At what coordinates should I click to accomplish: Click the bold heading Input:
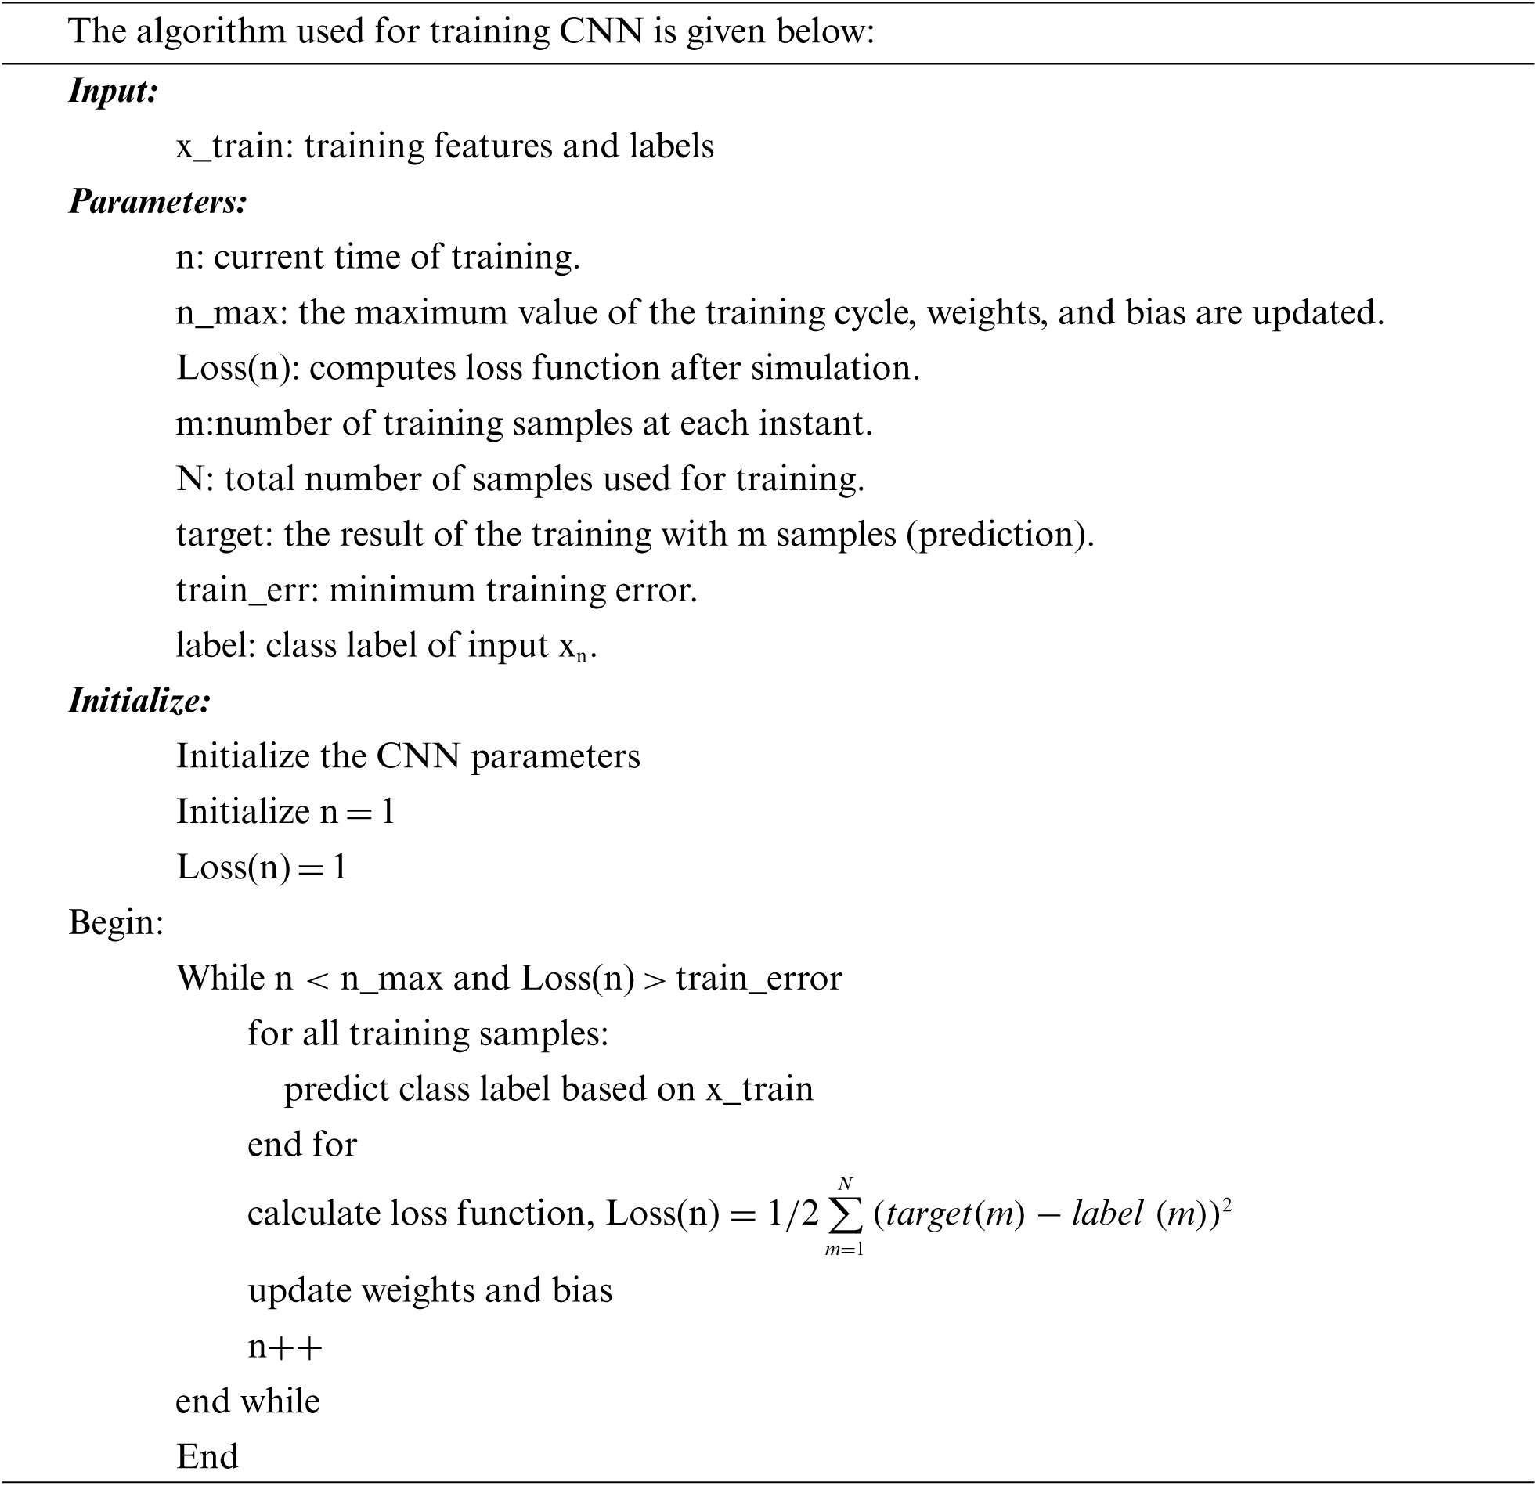point(114,91)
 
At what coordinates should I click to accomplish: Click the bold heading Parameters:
point(157,201)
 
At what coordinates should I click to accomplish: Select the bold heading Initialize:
point(139,700)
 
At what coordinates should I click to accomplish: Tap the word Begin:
point(116,922)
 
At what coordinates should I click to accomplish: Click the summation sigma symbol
point(845,1214)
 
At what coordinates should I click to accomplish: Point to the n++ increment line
point(285,1347)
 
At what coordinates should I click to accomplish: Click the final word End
point(207,1457)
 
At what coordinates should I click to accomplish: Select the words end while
point(247,1401)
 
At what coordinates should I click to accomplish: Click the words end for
point(302,1145)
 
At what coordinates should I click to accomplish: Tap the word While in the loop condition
point(221,979)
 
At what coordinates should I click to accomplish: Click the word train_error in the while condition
point(758,979)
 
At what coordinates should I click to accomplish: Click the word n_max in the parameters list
point(226,313)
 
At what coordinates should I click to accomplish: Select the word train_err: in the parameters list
point(247,590)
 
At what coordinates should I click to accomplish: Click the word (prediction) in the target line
point(1000,535)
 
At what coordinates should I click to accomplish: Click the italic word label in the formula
point(1107,1214)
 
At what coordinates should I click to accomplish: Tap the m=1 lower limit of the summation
point(844,1250)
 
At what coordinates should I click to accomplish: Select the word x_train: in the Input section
point(234,146)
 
